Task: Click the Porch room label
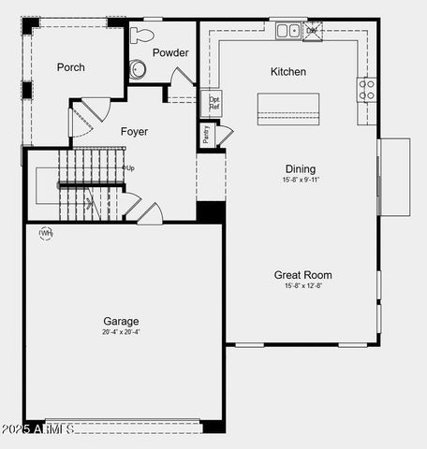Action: click(70, 66)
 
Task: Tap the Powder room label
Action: click(170, 53)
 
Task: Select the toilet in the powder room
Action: click(142, 36)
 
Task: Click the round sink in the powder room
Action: click(138, 68)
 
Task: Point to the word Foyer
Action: click(135, 132)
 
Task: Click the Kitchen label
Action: click(288, 72)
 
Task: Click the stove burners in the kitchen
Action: click(366, 90)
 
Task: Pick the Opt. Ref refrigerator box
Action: click(214, 103)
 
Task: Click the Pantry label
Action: click(206, 135)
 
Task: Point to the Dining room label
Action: click(300, 169)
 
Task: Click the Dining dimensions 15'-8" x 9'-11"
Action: click(301, 180)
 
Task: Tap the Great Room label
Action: click(302, 275)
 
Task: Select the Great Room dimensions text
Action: click(302, 286)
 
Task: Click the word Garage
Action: click(122, 321)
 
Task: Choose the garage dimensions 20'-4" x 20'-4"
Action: click(122, 332)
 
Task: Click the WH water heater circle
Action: click(45, 233)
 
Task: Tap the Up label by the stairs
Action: click(129, 168)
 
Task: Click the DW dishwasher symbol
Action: click(312, 31)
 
